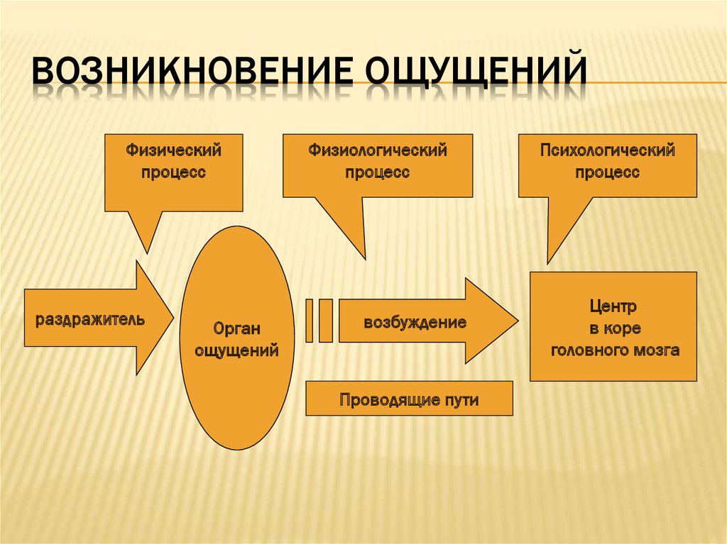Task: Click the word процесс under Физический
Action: point(174,172)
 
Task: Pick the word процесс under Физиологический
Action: point(377,172)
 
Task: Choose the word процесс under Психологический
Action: point(607,172)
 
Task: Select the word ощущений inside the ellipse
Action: point(237,350)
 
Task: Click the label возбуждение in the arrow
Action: point(415,323)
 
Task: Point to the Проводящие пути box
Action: point(409,399)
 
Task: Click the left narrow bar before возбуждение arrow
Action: point(310,321)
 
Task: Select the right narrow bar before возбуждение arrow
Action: point(326,321)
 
